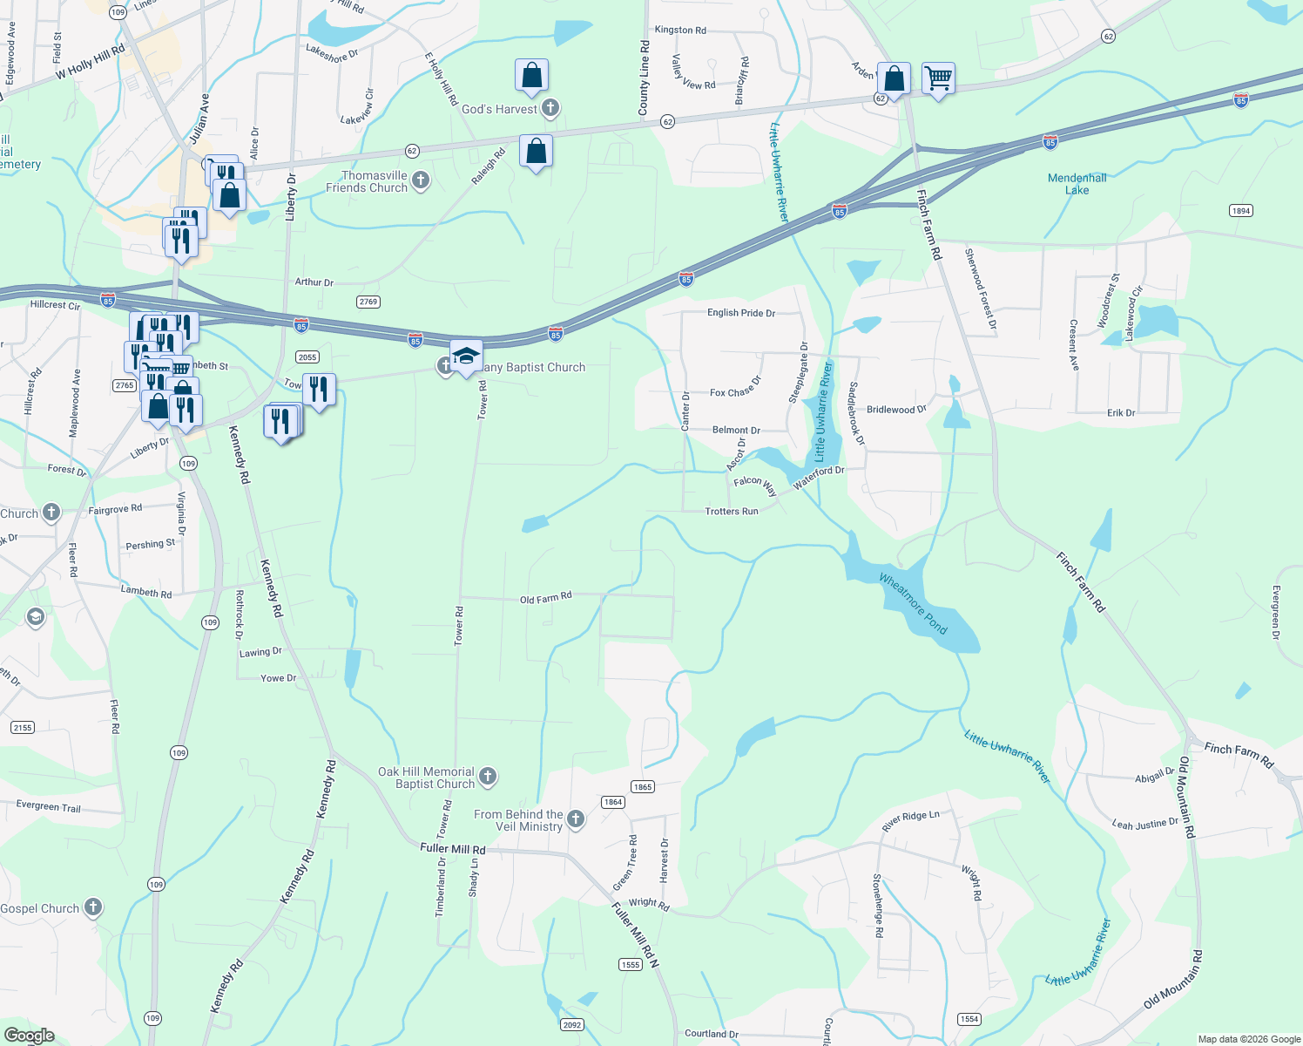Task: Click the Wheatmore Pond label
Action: pyautogui.click(x=912, y=603)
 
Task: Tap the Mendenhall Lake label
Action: pyautogui.click(x=1077, y=184)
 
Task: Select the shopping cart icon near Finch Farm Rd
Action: pyautogui.click(x=938, y=78)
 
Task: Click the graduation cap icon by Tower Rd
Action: pyautogui.click(x=466, y=357)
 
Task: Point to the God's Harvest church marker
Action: pyautogui.click(x=550, y=108)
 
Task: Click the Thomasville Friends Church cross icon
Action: pyautogui.click(x=421, y=180)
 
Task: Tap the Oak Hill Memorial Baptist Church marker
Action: pyautogui.click(x=488, y=776)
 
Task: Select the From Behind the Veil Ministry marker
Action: pyautogui.click(x=576, y=818)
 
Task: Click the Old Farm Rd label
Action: pyautogui.click(x=545, y=598)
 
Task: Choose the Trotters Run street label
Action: pyautogui.click(x=731, y=512)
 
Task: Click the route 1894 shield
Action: pyautogui.click(x=1240, y=211)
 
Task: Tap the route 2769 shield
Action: pyautogui.click(x=368, y=302)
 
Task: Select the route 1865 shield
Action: pyautogui.click(x=642, y=787)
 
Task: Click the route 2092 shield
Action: pyautogui.click(x=571, y=1025)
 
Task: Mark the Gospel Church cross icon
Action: pyautogui.click(x=92, y=907)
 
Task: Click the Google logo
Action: pyautogui.click(x=29, y=1036)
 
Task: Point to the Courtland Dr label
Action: pyautogui.click(x=711, y=1034)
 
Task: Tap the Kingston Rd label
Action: pyautogui.click(x=680, y=30)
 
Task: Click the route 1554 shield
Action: pyautogui.click(x=969, y=1019)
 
